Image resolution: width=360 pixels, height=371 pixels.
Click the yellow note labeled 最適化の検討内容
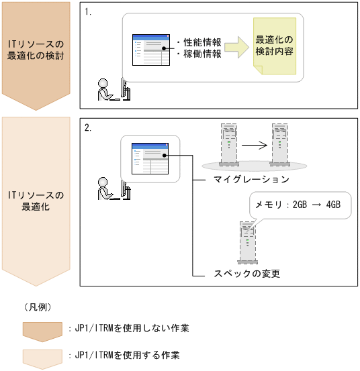275,46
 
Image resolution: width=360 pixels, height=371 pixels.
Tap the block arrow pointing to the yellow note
236,48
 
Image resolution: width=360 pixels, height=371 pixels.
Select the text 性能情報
202,42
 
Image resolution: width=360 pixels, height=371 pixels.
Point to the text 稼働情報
202,54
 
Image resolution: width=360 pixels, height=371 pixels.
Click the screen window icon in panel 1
151,50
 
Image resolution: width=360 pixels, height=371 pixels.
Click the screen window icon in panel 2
150,158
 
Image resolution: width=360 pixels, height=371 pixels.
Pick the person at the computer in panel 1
114,89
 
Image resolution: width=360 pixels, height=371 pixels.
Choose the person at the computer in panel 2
114,189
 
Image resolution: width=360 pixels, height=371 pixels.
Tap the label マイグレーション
251,179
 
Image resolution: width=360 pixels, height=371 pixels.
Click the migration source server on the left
229,144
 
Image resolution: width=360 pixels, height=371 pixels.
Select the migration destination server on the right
279,144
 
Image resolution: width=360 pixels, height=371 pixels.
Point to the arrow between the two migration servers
255,146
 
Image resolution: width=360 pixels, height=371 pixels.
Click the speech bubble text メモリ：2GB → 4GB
298,205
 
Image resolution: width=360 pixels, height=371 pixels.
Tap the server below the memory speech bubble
247,242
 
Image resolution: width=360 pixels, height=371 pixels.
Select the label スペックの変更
246,274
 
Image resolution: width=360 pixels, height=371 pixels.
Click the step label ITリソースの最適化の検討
36,50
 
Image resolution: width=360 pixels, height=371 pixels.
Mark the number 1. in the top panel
88,12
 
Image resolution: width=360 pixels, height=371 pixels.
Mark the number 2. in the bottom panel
88,127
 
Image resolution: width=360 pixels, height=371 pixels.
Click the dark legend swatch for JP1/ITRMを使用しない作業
42,331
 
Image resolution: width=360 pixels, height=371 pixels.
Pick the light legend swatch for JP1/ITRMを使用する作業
42,359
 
